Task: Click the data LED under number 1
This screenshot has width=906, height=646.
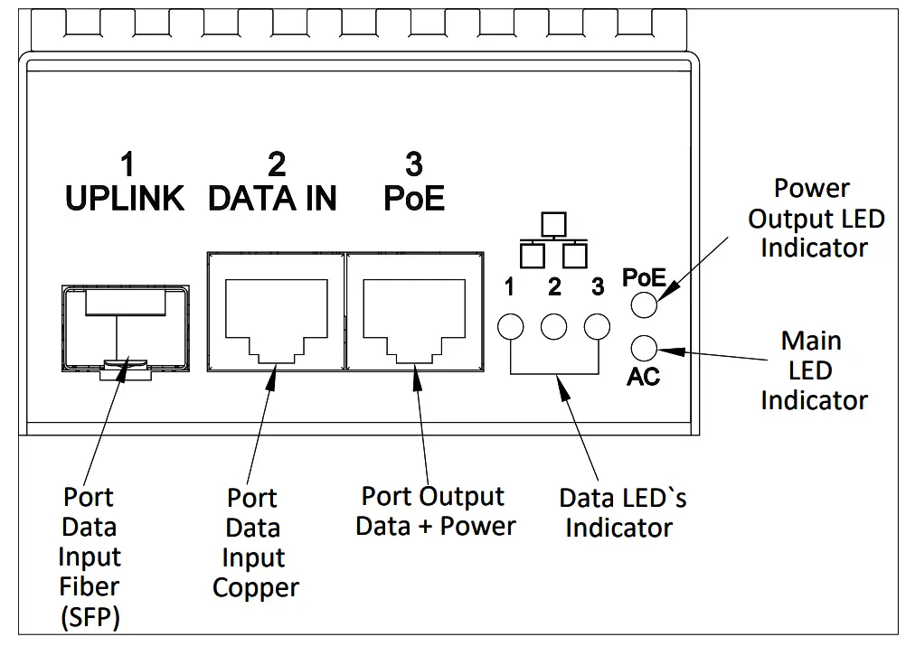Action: coord(512,326)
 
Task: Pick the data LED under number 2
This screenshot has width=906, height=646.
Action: coord(554,326)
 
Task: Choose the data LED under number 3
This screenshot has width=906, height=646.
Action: coord(597,326)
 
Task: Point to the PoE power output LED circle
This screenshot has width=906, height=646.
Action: coord(643,305)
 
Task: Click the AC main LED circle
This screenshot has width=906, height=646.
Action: coord(643,348)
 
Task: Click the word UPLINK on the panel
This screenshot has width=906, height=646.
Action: coord(125,198)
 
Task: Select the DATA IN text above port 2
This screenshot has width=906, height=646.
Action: coord(272,198)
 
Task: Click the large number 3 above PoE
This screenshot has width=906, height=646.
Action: coord(414,164)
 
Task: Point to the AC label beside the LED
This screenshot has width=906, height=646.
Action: coord(643,376)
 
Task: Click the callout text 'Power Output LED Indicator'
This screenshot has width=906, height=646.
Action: coord(813,218)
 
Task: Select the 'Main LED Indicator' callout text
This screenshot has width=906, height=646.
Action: coord(813,370)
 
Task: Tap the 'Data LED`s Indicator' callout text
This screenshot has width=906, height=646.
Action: coord(622,512)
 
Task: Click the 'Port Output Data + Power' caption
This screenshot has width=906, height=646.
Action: coord(435,511)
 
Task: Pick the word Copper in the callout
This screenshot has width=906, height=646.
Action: coord(255,588)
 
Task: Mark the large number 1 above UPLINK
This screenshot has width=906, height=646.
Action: coord(127,164)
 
